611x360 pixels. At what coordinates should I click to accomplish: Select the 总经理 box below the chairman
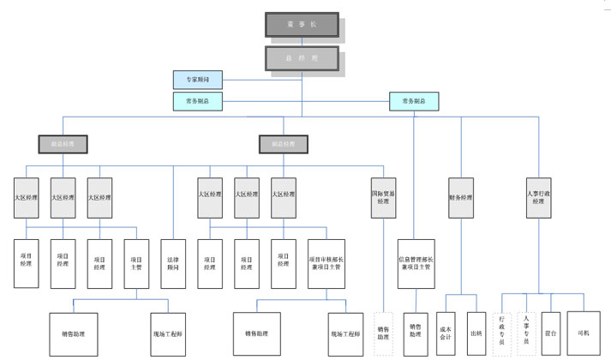point(301,58)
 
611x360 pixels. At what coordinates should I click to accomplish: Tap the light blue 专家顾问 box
point(197,80)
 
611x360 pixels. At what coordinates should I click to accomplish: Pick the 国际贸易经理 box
point(382,197)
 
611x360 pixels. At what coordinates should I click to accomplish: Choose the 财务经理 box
point(460,197)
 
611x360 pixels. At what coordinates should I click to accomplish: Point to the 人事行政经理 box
point(537,197)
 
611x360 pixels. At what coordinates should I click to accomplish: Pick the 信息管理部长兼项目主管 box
point(416,263)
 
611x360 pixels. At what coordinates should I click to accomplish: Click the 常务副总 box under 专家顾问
point(197,101)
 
